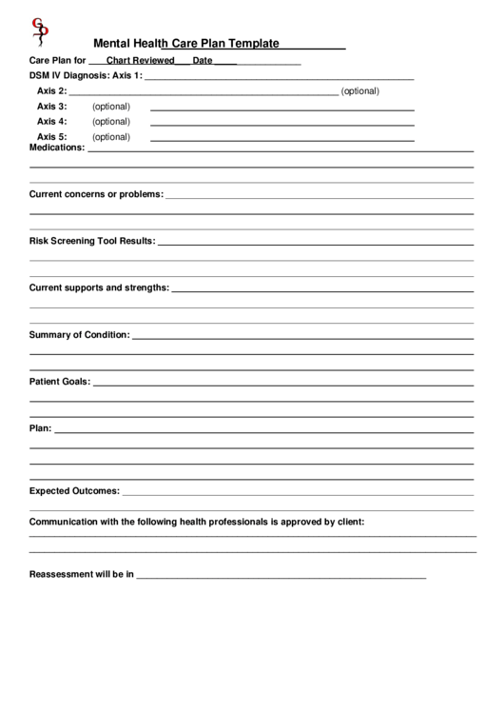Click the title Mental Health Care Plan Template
185,43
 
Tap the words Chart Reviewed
140,60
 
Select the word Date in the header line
202,60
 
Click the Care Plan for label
57,60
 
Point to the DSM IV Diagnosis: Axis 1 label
86,75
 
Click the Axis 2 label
51,91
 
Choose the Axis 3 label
51,107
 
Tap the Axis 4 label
51,122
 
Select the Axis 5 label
51,137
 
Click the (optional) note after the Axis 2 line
360,91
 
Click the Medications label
57,148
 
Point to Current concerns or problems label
96,194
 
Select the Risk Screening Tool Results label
92,241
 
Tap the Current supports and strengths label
100,287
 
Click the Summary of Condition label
80,335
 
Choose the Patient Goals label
60,382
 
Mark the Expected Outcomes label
74,491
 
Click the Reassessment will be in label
82,575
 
